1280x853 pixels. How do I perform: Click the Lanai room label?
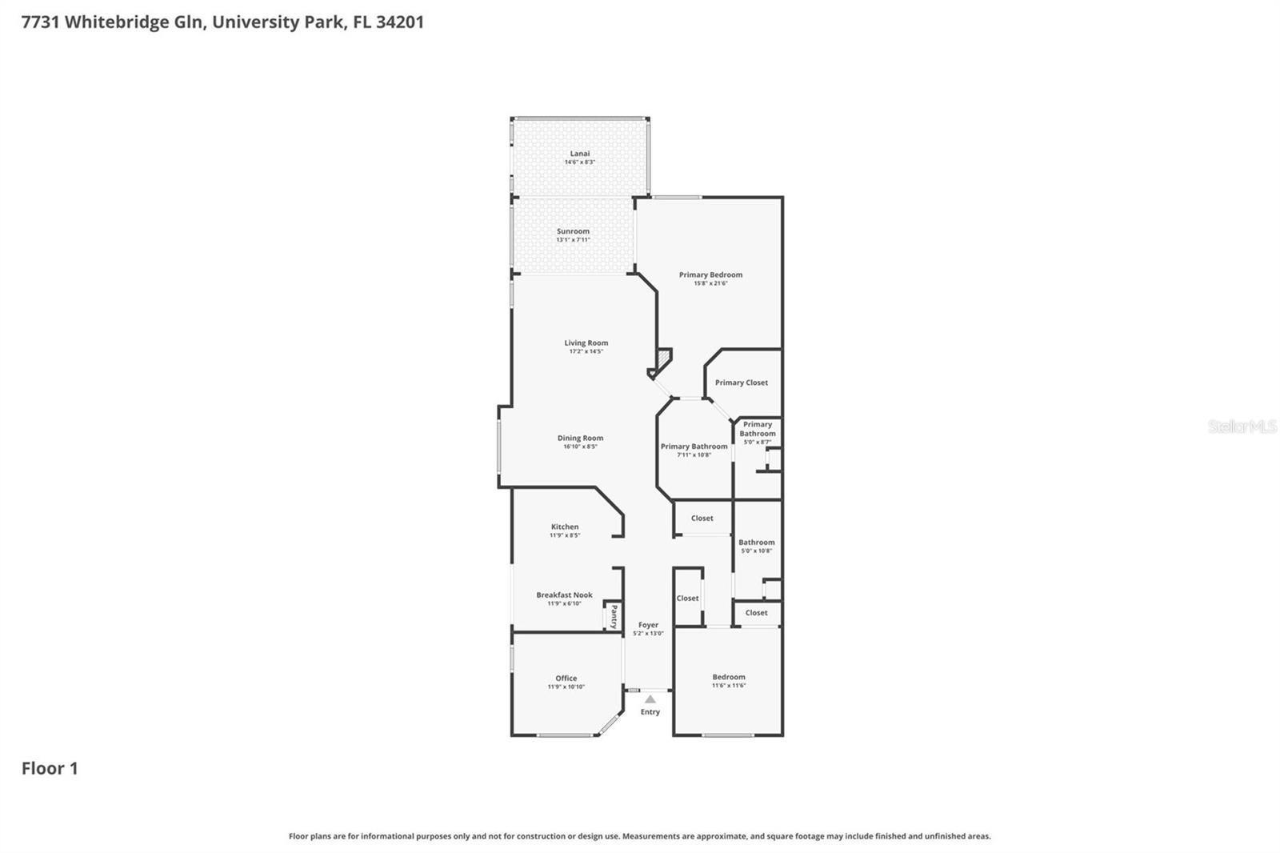click(580, 154)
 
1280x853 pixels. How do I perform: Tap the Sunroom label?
click(573, 231)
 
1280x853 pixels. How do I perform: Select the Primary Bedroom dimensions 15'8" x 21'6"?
click(710, 283)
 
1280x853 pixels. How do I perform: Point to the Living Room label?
click(586, 343)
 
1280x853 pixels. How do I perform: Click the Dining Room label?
click(580, 439)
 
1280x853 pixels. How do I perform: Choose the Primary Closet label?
click(742, 382)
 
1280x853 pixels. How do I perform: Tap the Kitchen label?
click(565, 527)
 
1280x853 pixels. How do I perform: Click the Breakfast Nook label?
click(564, 595)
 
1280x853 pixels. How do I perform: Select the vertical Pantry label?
click(614, 616)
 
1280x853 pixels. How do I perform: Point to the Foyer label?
click(648, 625)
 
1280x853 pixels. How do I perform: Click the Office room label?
click(566, 679)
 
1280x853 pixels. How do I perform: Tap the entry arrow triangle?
click(650, 699)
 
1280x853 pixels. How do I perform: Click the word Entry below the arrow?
click(650, 712)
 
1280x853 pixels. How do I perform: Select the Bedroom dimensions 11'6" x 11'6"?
click(729, 686)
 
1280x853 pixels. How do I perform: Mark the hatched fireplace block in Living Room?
click(663, 357)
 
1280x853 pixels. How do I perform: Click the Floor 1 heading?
click(50, 768)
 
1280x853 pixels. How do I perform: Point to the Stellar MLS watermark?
click(1242, 426)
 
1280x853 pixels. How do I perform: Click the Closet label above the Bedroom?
click(756, 613)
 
